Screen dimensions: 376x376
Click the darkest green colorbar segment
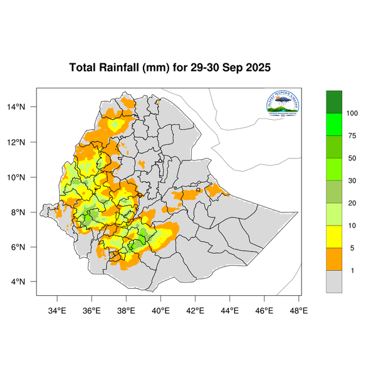pos(334,102)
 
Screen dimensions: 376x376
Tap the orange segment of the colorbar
pos(334,259)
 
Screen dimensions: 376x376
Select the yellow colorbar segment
pos(334,236)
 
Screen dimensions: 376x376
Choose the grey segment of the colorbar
pos(334,281)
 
